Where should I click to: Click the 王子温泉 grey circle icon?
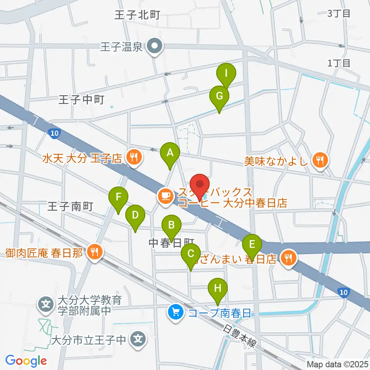tap(155, 47)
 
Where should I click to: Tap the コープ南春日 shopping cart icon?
tap(176, 311)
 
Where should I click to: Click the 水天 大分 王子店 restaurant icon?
tap(133, 157)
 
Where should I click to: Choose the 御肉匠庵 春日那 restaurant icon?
tap(93, 252)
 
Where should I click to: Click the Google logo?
tap(26, 361)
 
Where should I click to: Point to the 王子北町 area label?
tap(137, 15)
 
